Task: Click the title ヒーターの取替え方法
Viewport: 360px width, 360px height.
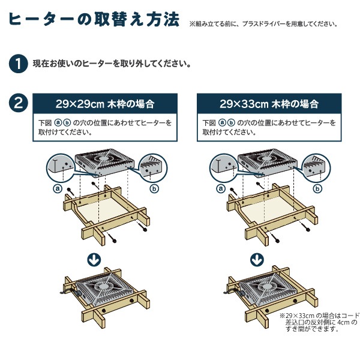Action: point(94,20)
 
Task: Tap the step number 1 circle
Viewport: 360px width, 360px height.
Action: point(18,63)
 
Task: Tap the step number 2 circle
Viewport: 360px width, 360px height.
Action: point(18,102)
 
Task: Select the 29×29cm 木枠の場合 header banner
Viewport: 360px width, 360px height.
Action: point(104,103)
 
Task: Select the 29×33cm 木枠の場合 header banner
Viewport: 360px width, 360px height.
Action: point(268,103)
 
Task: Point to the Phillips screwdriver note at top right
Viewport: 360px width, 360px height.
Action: point(263,24)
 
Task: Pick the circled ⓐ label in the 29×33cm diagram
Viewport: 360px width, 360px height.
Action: point(222,187)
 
